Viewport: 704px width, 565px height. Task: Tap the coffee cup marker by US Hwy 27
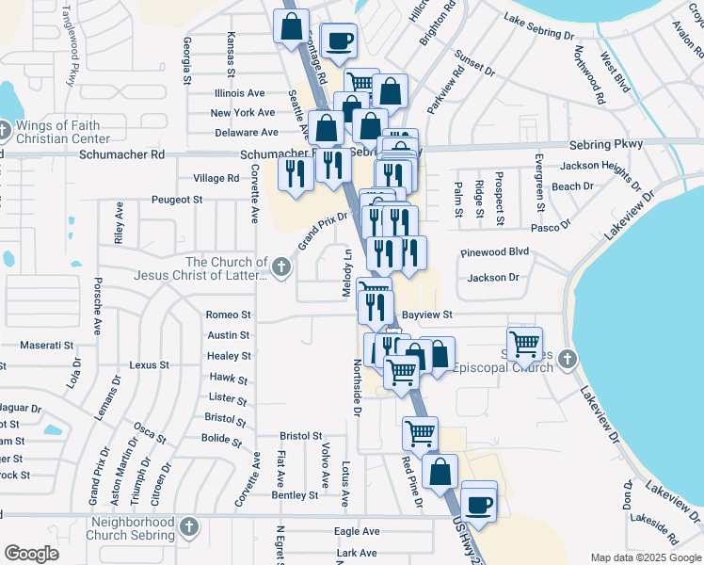coord(479,502)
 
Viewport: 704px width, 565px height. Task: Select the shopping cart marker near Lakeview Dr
coord(524,344)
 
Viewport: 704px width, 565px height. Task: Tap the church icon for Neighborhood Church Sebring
coord(189,526)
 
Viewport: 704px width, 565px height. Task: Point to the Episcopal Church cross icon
coord(567,359)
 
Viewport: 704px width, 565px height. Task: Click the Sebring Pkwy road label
coord(605,144)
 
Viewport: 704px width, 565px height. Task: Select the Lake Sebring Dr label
coord(538,25)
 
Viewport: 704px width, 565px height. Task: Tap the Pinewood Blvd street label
coord(495,252)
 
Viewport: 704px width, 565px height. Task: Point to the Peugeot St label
coord(179,200)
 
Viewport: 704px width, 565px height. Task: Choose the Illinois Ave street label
coord(239,93)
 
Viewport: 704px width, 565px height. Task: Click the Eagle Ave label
coord(357,531)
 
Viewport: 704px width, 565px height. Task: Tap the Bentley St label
coord(295,495)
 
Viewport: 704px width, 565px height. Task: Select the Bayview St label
coord(428,315)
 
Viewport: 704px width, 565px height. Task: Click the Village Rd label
coord(216,178)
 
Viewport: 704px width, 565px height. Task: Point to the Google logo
coord(32,554)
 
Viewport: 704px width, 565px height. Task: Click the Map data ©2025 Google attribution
coord(646,557)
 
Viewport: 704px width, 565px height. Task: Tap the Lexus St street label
coord(149,364)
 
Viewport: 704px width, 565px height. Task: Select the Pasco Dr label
coord(552,227)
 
